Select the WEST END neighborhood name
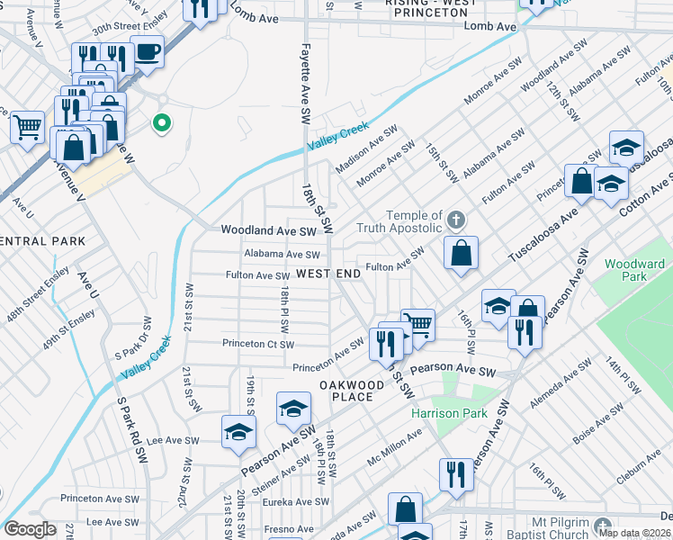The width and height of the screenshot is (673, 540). point(328,274)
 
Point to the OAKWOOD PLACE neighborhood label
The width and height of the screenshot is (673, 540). point(346,391)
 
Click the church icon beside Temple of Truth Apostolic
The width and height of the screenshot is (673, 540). point(457,220)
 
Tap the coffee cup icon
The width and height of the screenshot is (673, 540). point(147,51)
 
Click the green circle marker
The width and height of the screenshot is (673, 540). point(162,123)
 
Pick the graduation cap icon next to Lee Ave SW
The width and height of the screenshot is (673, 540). point(238,432)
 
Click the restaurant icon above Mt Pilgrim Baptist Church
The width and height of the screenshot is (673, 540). point(455,474)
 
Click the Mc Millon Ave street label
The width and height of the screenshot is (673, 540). point(394,447)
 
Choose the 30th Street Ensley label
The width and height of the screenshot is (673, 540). point(131,27)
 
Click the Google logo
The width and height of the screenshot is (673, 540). point(30,529)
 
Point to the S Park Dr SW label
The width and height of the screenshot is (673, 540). point(129,332)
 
